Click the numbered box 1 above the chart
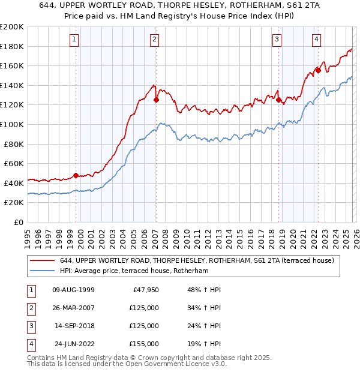74,40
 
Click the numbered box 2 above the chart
154,40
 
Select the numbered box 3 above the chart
277,40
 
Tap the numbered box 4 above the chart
316,40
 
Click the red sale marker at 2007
156,100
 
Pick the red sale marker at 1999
76,176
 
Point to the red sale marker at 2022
318,71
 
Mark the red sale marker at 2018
279,100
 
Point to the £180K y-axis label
12,46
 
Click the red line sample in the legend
42,260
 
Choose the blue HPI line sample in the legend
42,271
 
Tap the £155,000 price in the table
143,344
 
